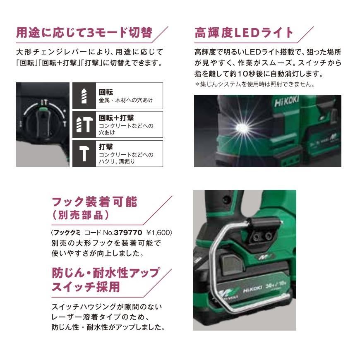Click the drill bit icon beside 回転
coord(84,96)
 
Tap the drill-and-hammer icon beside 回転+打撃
coord(84,125)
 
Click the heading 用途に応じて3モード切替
coord(84,33)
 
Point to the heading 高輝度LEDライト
coord(244,33)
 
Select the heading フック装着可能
coord(94,202)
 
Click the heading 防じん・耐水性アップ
coord(105,273)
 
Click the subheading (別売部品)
coord(80,216)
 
